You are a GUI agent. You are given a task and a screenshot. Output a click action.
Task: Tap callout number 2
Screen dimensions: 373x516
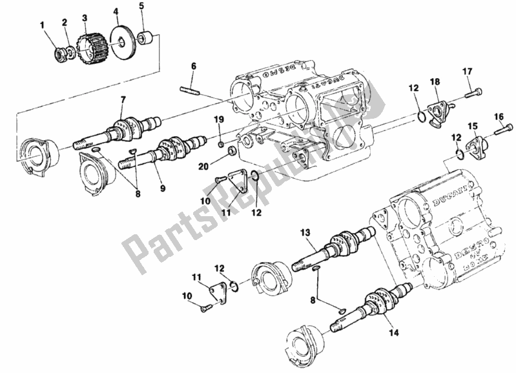point(65,22)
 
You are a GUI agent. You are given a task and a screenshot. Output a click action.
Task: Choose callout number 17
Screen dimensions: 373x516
point(466,71)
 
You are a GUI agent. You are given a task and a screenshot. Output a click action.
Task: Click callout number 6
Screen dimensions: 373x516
point(192,66)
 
